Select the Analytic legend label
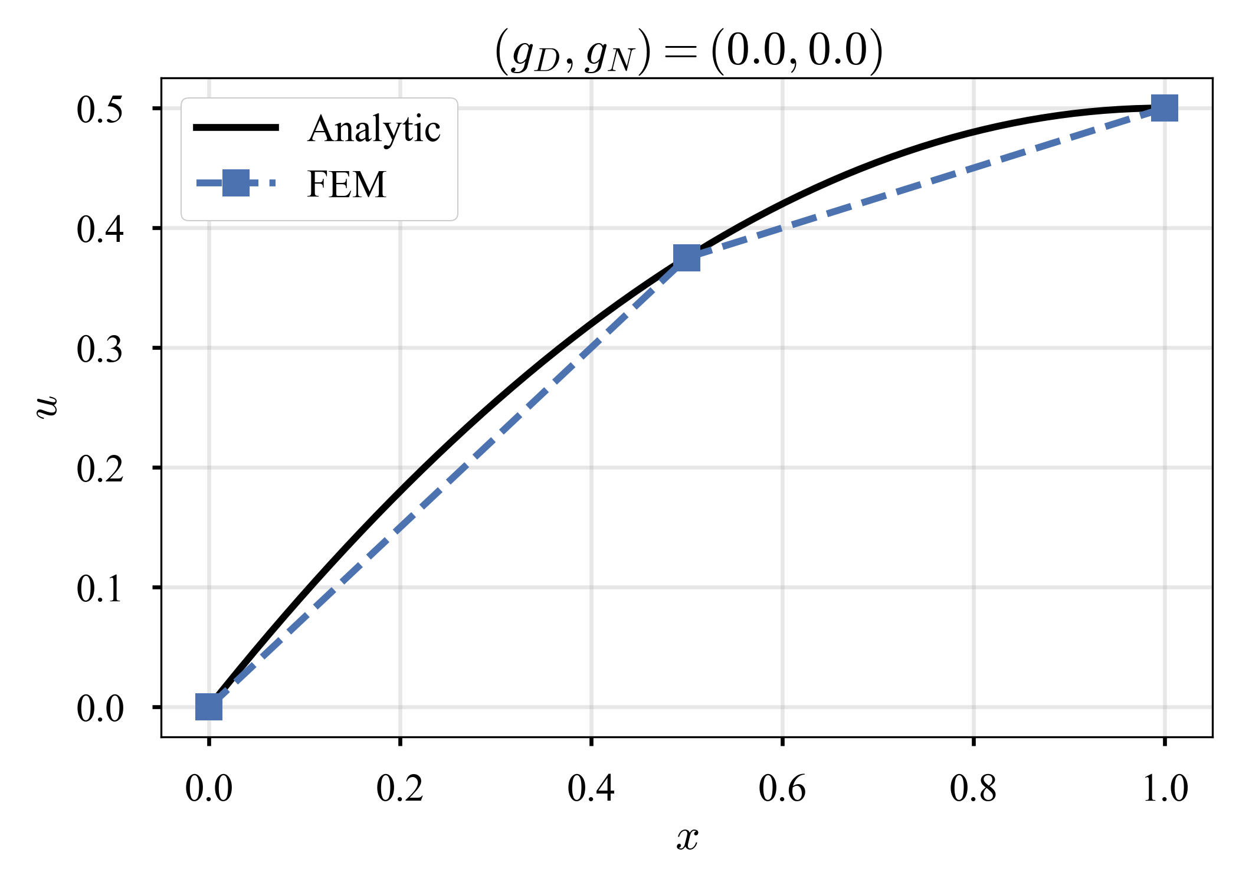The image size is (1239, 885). [373, 129]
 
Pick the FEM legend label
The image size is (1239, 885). [346, 184]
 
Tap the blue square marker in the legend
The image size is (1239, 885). [235, 183]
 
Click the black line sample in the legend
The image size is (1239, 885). [236, 127]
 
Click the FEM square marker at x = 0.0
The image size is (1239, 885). [209, 707]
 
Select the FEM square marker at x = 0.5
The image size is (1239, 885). [687, 258]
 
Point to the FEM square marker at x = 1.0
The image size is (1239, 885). [1165, 108]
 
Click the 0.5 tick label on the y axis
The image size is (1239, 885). [100, 110]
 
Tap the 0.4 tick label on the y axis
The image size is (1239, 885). [100, 230]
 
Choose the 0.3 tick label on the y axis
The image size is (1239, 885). [100, 349]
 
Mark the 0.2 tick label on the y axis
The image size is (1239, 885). [100, 469]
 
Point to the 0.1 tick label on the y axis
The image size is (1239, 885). [100, 589]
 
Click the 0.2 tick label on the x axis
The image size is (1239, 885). [400, 788]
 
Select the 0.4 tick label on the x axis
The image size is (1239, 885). [591, 788]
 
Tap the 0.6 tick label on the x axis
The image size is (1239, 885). [782, 788]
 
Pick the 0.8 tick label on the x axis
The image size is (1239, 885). [973, 788]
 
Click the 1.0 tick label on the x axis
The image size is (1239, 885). [1165, 788]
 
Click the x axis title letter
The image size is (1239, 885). [687, 838]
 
